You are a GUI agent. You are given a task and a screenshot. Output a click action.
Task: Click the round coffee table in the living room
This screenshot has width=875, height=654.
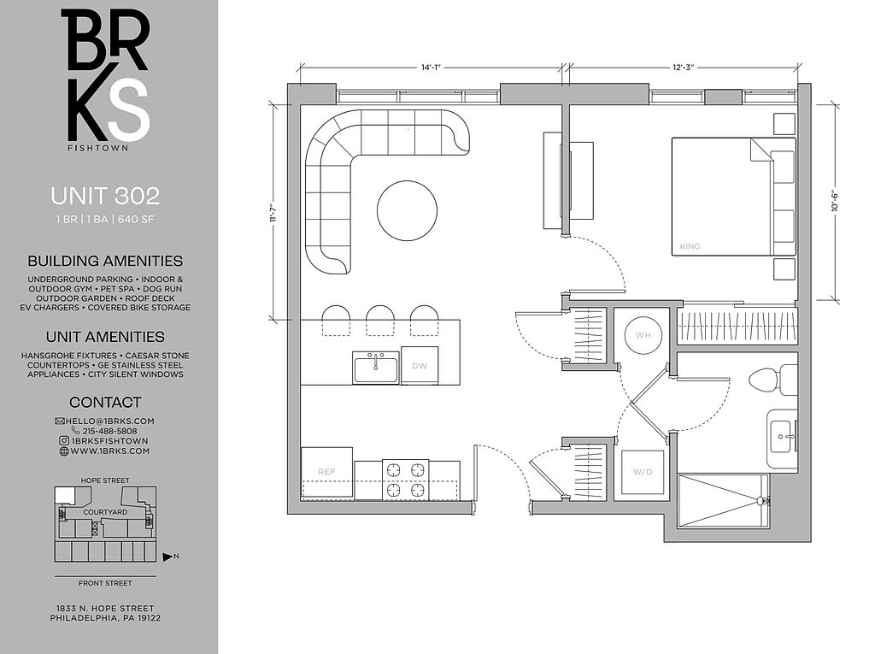coord(407,210)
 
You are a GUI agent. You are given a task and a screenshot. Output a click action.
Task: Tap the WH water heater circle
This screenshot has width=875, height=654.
coord(643,335)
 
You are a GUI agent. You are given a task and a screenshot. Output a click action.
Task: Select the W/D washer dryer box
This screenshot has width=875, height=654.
coord(643,473)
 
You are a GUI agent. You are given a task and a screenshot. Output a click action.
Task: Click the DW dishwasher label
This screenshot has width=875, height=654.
coord(419,366)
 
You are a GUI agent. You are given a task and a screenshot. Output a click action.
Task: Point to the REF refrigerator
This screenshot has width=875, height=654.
coord(326,473)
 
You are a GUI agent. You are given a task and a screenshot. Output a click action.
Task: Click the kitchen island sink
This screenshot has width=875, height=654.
coord(376,368)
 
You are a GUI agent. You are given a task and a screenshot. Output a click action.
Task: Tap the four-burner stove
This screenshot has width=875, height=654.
coord(406,480)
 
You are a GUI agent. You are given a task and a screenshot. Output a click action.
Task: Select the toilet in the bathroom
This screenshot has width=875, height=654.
coord(772,380)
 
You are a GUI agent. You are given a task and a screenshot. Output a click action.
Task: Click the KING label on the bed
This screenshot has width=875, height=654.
coord(690,246)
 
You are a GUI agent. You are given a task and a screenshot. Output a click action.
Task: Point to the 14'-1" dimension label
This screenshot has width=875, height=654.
coord(431,68)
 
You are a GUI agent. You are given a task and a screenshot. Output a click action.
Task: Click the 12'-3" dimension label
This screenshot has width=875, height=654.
coord(683,68)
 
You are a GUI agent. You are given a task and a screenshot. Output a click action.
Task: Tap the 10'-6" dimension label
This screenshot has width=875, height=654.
coord(835,201)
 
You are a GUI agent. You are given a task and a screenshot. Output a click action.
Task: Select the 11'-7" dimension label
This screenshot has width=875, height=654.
coord(273,213)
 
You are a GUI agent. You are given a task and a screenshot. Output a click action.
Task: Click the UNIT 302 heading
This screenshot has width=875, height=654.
coord(105,196)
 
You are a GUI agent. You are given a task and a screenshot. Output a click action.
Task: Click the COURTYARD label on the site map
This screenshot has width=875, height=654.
coord(105,512)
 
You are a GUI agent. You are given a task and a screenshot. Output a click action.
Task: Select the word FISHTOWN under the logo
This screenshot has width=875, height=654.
coord(97,148)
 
